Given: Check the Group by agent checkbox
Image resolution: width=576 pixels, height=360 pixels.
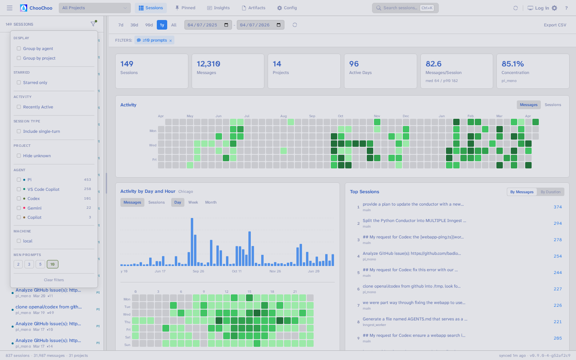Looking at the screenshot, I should click(19, 49).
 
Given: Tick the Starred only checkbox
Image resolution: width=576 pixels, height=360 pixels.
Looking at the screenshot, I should click(19, 83).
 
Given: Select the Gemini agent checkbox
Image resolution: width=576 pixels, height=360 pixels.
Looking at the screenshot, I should click(19, 208).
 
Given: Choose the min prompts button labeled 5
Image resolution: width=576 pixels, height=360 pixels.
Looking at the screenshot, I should click(40, 264).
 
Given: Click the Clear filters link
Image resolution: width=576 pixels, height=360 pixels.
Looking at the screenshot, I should click(54, 280).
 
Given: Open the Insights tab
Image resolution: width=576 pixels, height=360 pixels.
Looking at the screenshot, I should click(218, 8).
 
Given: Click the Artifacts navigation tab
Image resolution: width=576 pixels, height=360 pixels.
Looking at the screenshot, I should click(254, 8).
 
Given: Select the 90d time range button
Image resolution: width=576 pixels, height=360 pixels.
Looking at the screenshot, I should click(149, 25).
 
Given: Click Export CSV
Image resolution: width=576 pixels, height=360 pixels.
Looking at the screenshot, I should click(555, 25).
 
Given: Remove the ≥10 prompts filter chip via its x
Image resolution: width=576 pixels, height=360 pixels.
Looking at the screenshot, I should click(170, 40).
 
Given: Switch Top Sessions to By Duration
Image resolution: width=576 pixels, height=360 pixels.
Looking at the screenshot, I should click(550, 192).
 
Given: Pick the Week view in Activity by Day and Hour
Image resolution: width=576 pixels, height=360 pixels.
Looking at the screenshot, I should click(193, 202).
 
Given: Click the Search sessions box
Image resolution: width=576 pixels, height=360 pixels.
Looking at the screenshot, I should click(400, 8).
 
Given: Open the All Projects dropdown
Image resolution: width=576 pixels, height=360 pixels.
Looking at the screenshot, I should click(95, 8).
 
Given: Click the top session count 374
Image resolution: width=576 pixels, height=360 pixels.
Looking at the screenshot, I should click(558, 207).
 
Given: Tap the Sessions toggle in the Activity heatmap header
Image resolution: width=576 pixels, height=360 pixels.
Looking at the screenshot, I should click(553, 105).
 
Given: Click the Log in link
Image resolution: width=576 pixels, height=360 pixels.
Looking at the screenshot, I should click(542, 8).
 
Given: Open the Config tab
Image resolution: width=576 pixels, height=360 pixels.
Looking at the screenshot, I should click(287, 8).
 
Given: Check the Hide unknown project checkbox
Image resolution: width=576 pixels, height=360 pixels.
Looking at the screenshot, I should click(19, 156).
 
